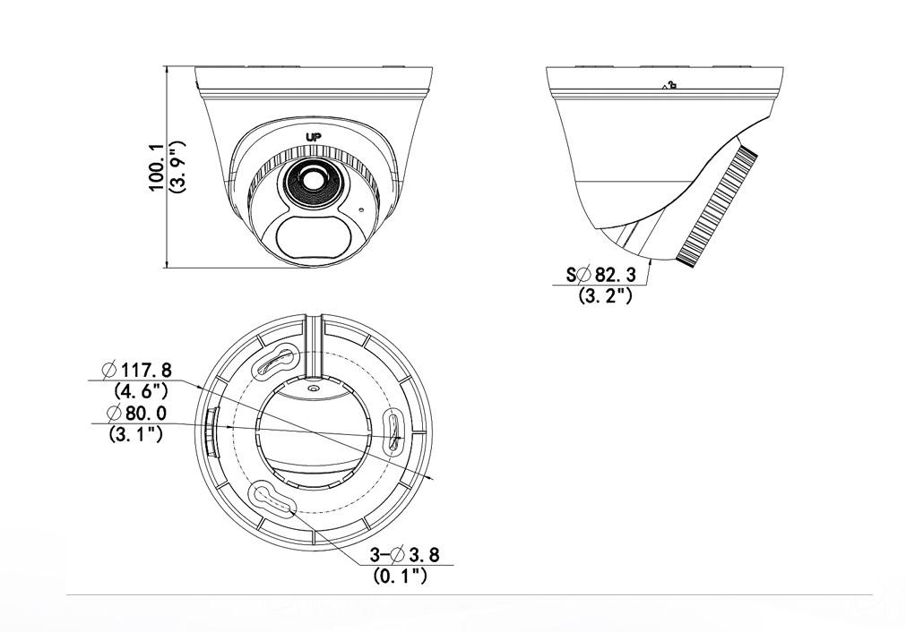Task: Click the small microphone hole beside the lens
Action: (362, 211)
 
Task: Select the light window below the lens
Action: (306, 237)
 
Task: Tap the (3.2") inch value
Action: (606, 295)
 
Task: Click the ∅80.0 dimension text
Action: (136, 414)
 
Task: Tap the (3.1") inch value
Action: (135, 435)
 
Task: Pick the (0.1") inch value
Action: (400, 576)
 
